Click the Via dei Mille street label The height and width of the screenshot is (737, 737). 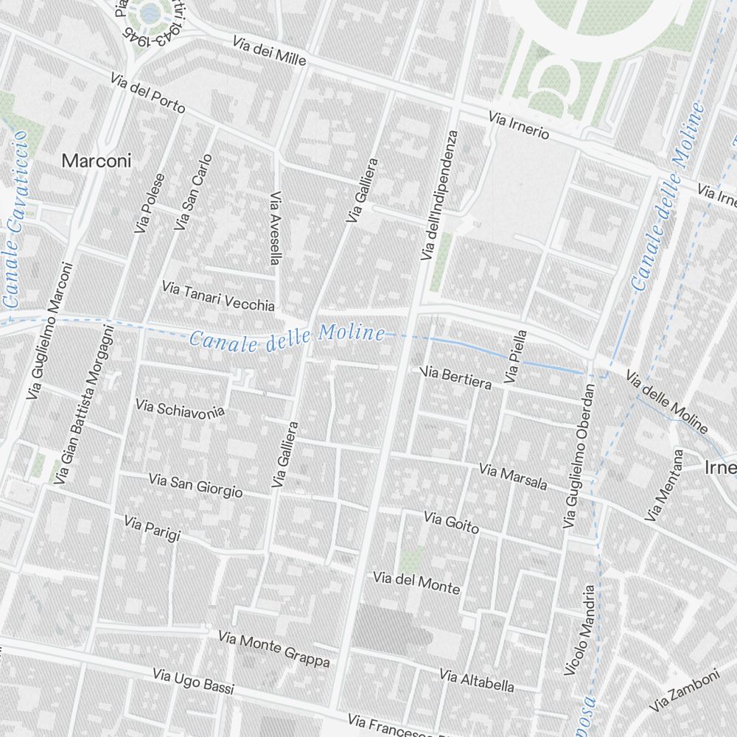click(269, 52)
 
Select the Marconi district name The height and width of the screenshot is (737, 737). click(97, 161)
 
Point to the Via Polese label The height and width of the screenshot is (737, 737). click(150, 203)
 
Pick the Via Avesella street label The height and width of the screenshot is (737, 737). click(276, 228)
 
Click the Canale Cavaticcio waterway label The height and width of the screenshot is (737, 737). click(14, 219)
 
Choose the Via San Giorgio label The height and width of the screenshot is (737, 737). click(195, 486)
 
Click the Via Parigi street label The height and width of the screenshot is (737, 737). click(152, 528)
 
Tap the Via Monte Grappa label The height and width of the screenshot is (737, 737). click(273, 649)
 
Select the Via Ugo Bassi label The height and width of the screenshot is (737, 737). click(193, 682)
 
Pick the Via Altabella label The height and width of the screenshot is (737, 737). click(476, 680)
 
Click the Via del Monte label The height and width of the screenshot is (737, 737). click(416, 582)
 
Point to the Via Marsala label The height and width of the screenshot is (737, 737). click(513, 476)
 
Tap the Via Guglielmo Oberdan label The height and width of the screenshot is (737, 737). click(579, 455)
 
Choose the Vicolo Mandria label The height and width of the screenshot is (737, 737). click(579, 630)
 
